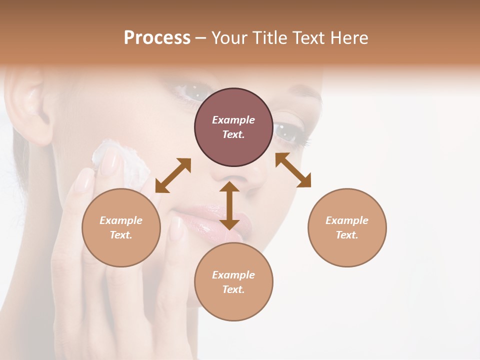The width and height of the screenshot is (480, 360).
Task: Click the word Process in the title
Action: click(x=157, y=38)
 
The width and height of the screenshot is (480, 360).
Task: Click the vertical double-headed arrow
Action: click(x=229, y=205)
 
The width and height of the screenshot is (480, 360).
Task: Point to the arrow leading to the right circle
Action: click(x=293, y=170)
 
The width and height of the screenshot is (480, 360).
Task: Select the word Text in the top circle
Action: click(x=233, y=134)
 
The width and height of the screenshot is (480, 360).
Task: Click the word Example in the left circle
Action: click(x=121, y=220)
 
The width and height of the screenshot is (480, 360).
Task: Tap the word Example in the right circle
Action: click(x=347, y=220)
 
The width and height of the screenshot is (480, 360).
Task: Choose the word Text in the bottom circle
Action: click(x=233, y=289)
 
